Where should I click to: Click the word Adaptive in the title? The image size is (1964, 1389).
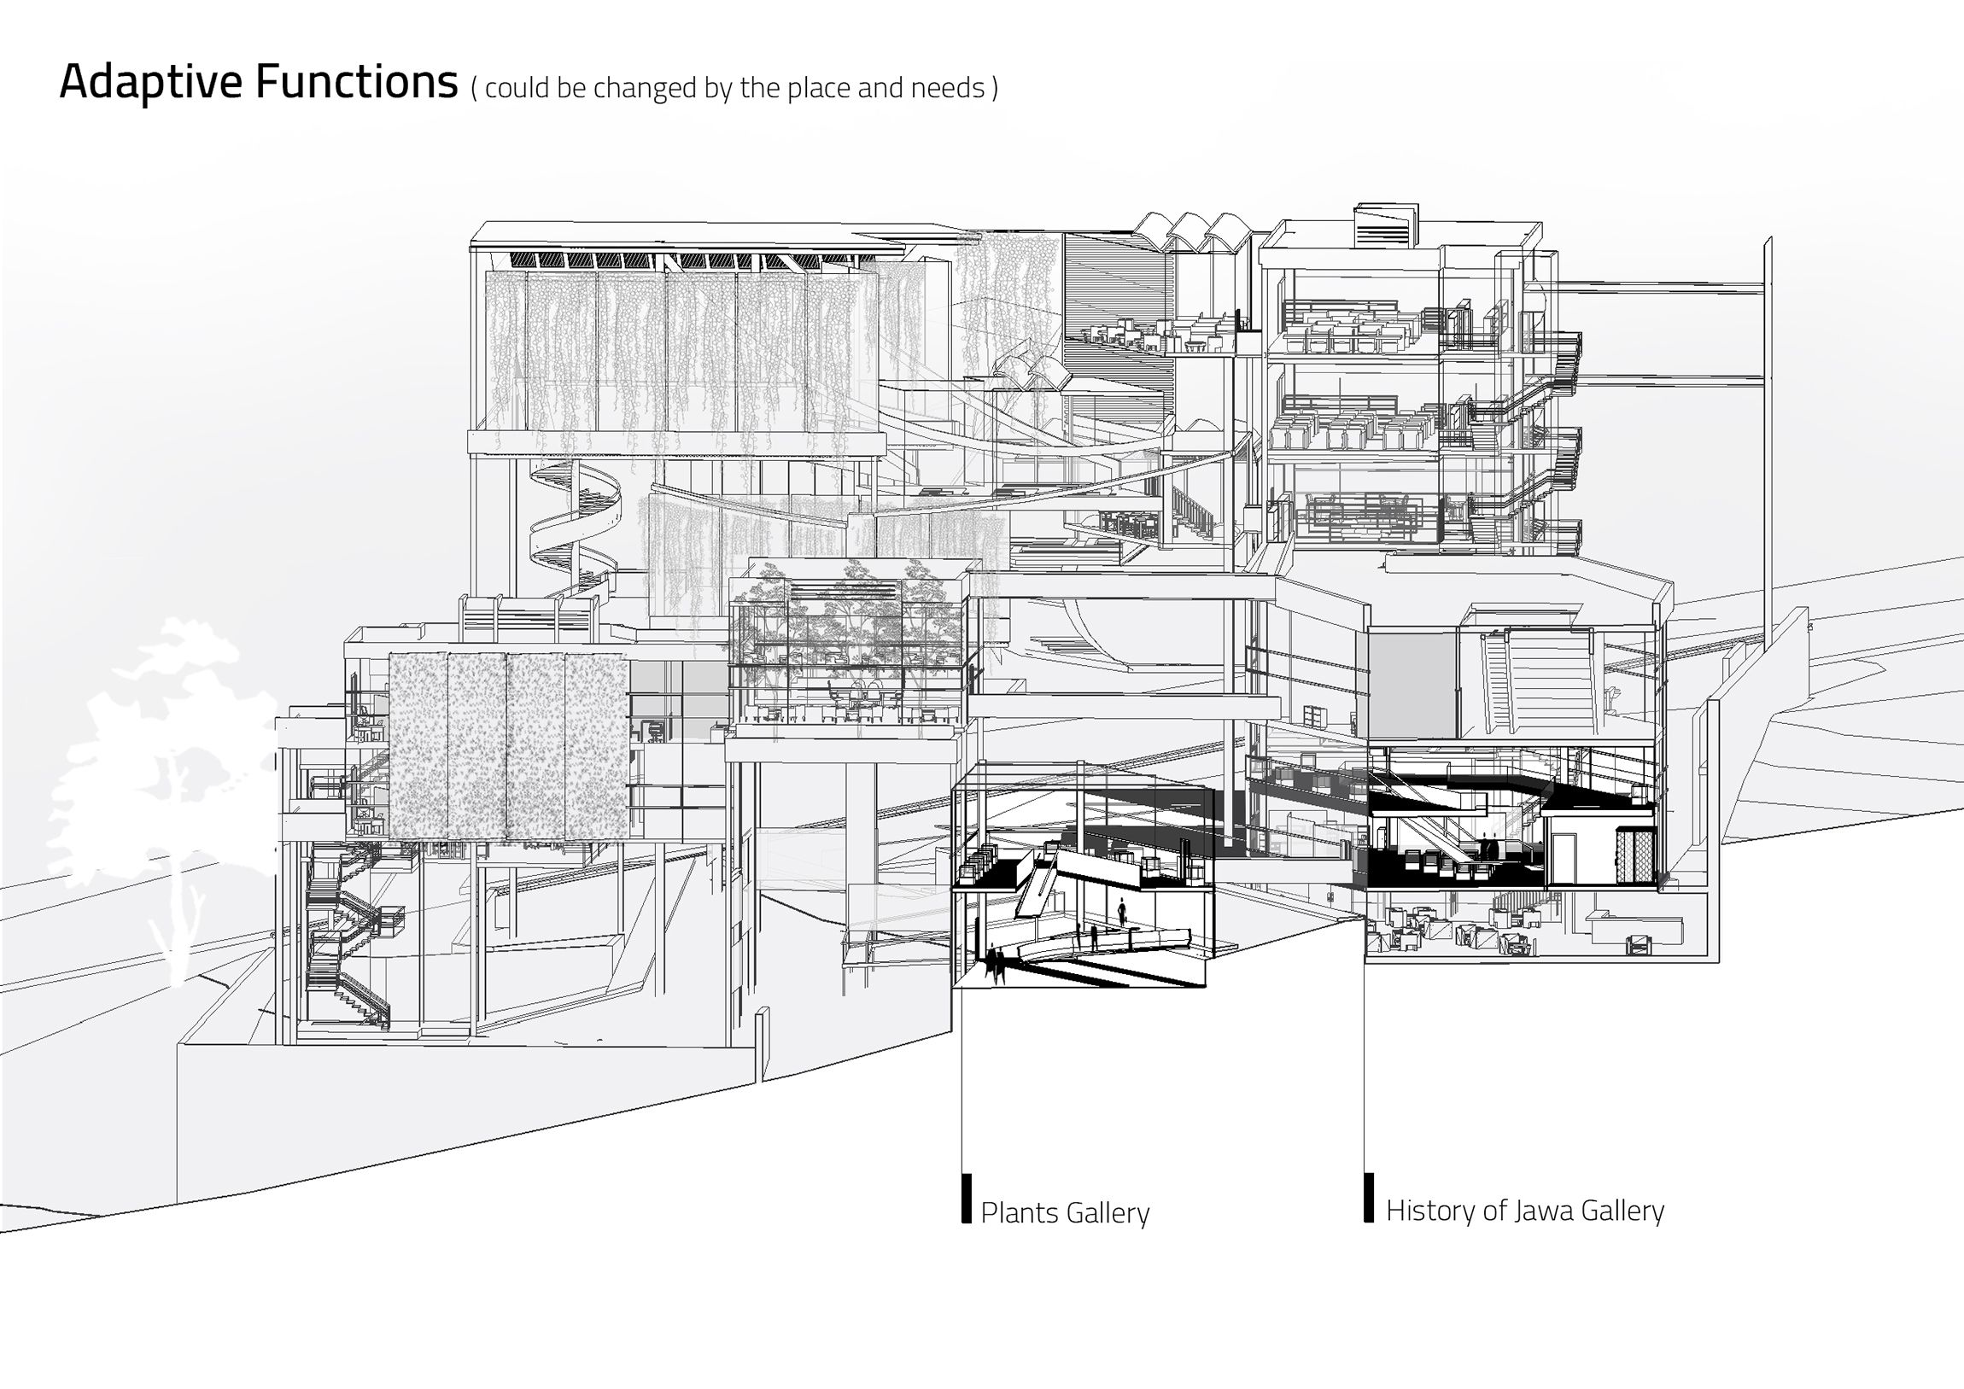150,83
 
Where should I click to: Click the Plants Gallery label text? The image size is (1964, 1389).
1064,1213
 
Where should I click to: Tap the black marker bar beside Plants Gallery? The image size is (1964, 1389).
967,1199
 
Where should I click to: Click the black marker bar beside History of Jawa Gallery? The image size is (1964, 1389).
1369,1198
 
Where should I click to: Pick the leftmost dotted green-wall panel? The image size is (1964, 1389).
418,746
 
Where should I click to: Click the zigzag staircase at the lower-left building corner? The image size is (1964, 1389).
347,941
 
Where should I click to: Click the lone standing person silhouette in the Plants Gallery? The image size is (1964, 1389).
1122,910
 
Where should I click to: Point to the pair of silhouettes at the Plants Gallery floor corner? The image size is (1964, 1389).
994,962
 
